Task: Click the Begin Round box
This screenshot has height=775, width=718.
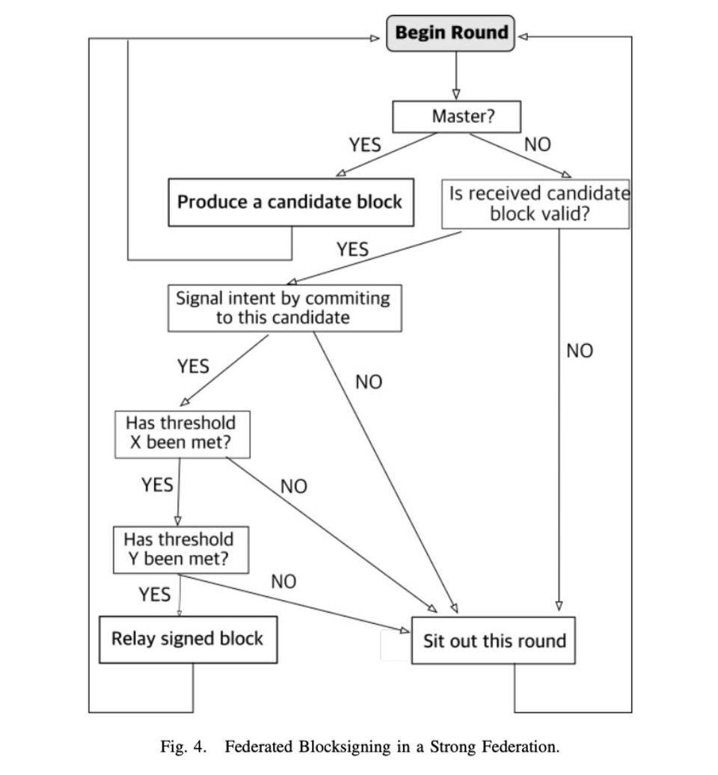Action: pos(451,34)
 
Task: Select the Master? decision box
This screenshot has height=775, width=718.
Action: pos(456,117)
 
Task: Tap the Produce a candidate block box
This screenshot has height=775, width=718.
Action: pos(290,202)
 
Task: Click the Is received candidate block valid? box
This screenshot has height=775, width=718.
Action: pos(536,203)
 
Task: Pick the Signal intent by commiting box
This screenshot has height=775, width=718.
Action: pos(283,307)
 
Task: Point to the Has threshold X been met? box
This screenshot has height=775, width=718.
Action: pos(182,433)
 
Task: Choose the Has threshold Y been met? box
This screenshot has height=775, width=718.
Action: pos(180,550)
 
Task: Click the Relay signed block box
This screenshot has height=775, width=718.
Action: pos(188,639)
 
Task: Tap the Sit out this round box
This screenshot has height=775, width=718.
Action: pos(493,640)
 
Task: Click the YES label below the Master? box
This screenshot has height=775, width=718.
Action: pos(364,144)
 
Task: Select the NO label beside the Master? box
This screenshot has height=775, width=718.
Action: pos(537,144)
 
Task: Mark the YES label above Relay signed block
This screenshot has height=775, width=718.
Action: pos(154,595)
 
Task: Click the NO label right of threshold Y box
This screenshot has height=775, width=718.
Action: pos(283,581)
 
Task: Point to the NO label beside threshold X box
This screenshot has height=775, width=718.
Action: pos(294,486)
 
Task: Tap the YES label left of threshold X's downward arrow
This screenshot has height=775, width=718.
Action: pos(157,485)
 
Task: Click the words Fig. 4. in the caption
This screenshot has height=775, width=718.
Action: pos(182,747)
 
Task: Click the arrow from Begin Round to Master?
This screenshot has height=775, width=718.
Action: pos(455,76)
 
